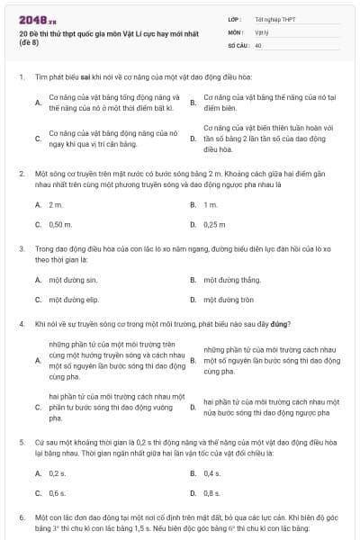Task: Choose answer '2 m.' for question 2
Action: tap(56, 205)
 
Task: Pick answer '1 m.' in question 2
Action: tap(211, 205)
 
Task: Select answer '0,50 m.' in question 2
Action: tap(60, 224)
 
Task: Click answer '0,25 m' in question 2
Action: tap(215, 224)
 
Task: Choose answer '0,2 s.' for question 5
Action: tap(58, 472)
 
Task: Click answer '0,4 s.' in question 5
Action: tap(212, 472)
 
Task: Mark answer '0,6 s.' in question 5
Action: tap(58, 492)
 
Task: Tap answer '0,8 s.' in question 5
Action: tap(212, 492)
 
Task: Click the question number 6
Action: tap(21, 518)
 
